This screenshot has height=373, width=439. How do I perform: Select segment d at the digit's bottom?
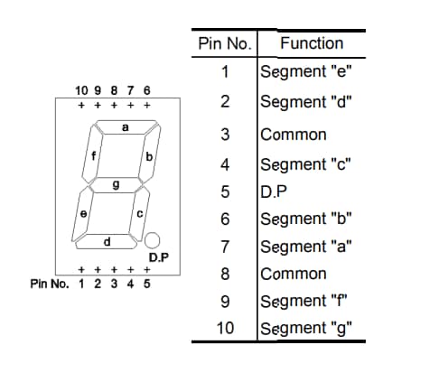click(x=107, y=241)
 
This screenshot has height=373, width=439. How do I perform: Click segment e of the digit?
click(x=83, y=214)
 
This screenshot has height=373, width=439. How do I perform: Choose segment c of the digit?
click(x=139, y=214)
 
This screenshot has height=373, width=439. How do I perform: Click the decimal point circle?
click(x=153, y=239)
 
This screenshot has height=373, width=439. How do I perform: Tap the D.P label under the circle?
click(x=159, y=257)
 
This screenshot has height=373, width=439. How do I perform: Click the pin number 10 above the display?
click(x=80, y=91)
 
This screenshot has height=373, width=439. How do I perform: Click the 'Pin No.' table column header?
click(x=225, y=43)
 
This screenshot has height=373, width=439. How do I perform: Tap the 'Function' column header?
click(x=312, y=43)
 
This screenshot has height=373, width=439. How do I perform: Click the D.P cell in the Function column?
click(x=273, y=191)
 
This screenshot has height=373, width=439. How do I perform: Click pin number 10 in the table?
click(x=225, y=329)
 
